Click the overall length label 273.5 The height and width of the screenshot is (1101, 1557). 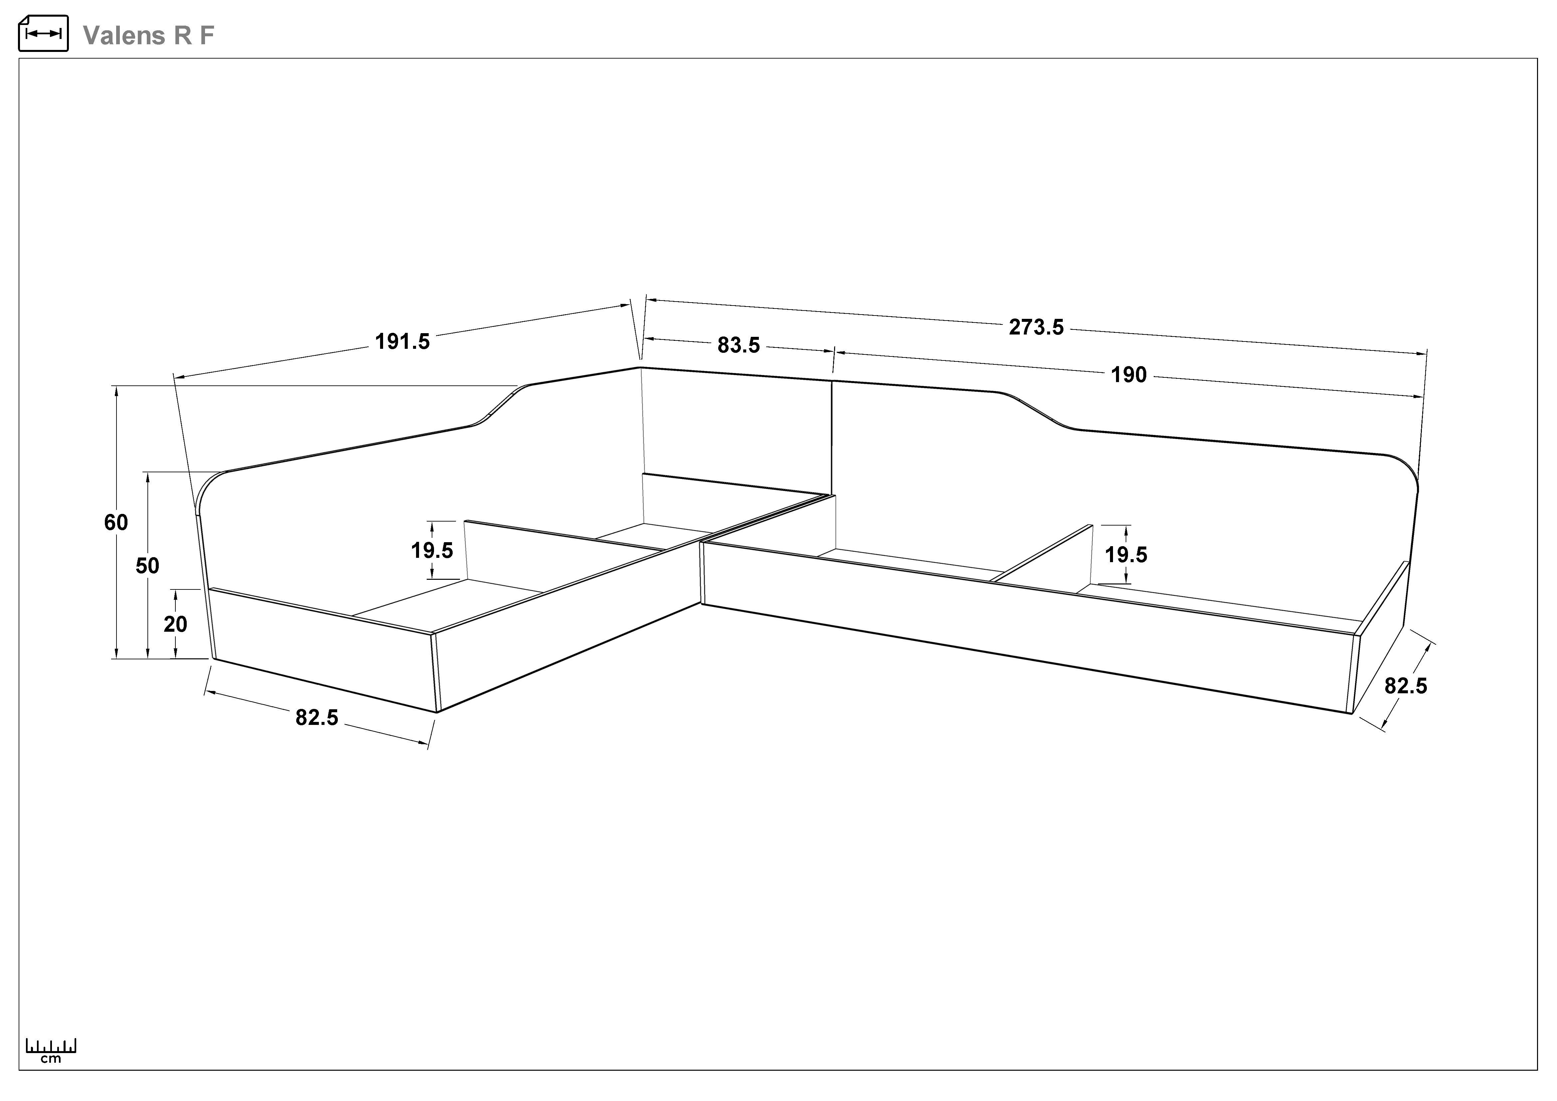click(1036, 328)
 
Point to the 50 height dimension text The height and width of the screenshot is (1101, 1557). click(147, 565)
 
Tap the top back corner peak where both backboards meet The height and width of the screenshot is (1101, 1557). click(640, 367)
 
